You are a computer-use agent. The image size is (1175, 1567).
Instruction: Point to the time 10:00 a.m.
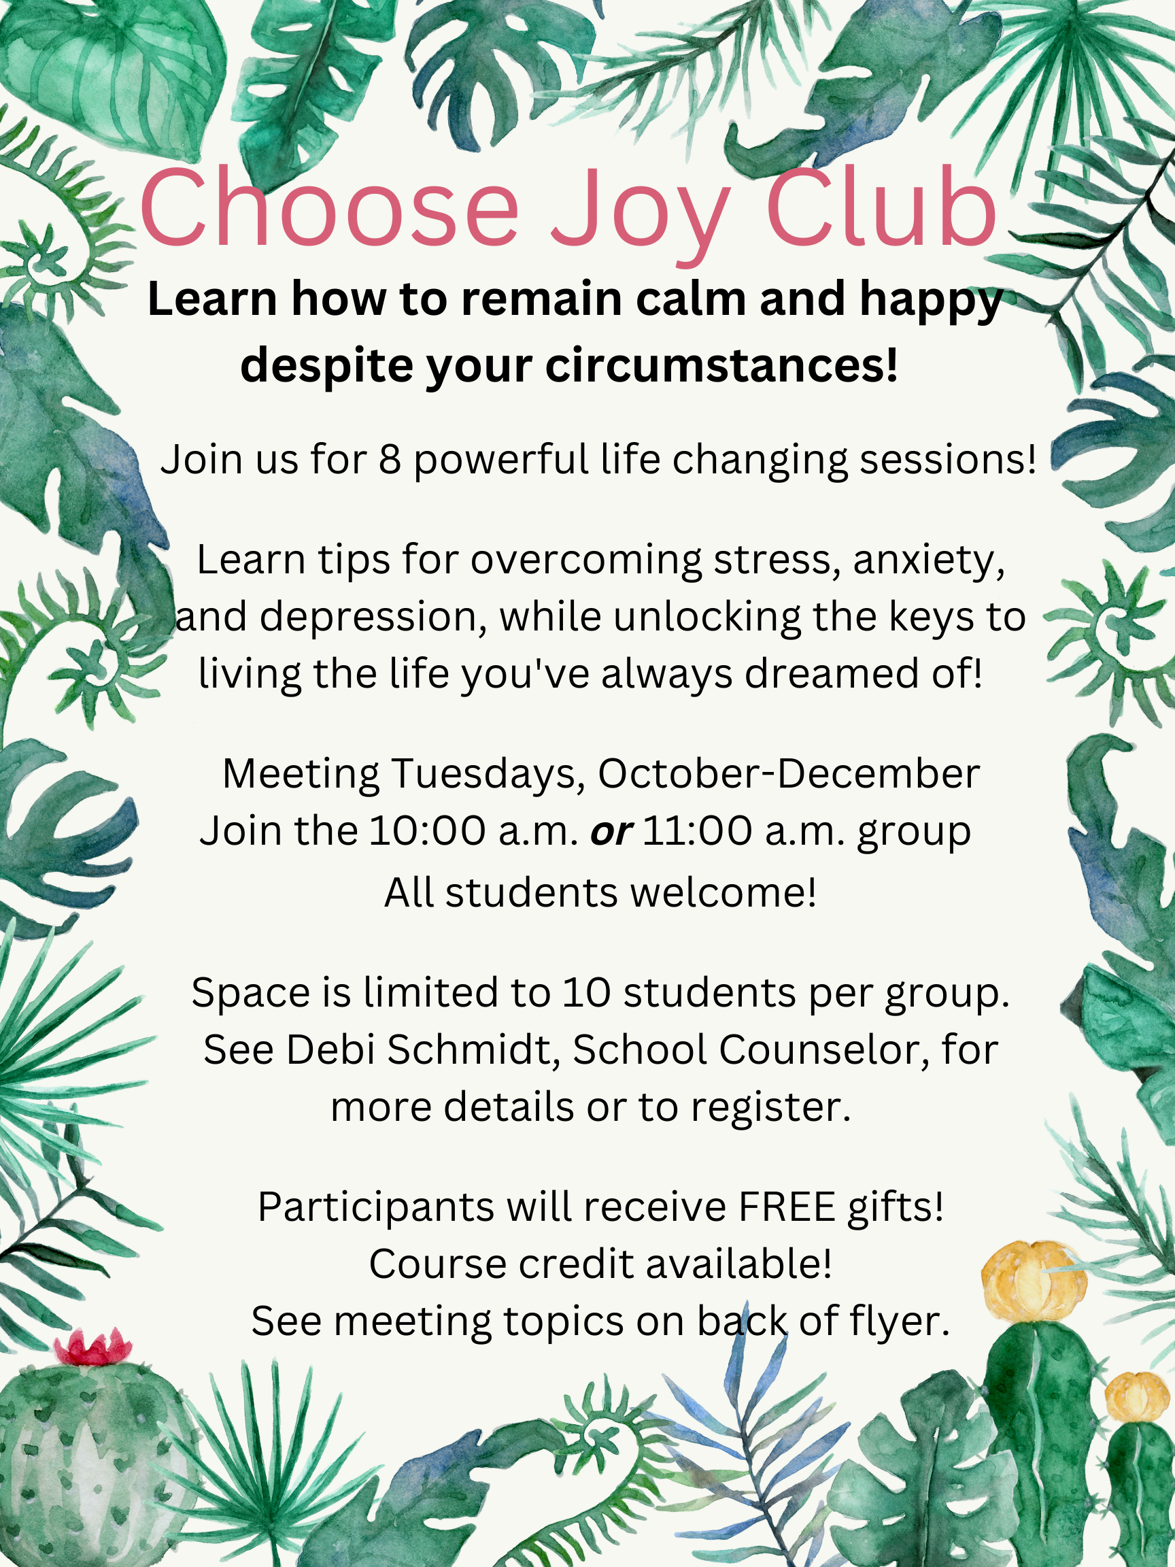tap(474, 831)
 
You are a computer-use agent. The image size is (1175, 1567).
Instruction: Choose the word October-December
tap(789, 773)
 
